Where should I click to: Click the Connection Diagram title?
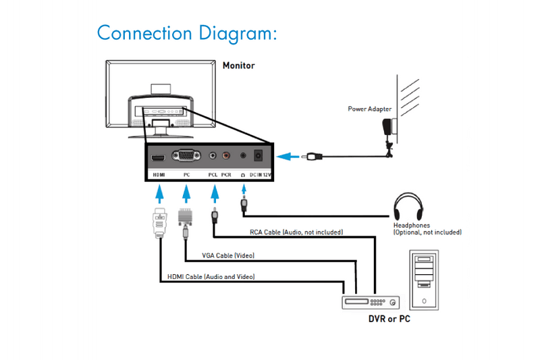click(187, 32)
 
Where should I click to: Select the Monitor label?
click(239, 66)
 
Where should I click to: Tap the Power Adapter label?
click(370, 109)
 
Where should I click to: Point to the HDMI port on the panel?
click(159, 157)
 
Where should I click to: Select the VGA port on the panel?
click(186, 157)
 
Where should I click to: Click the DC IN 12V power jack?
click(258, 157)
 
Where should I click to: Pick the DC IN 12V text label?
click(260, 174)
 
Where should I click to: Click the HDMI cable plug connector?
click(159, 222)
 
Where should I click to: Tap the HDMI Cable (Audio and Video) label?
click(211, 277)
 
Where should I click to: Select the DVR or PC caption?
click(389, 318)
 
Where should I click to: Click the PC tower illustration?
click(423, 279)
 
